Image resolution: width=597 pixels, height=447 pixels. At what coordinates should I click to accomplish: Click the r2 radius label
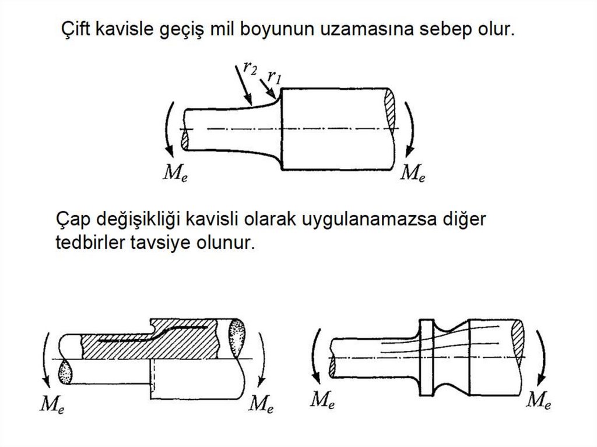pos(250,69)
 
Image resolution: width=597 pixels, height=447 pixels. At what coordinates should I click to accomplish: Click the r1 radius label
pos(274,77)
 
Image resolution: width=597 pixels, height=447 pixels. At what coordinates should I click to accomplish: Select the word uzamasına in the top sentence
pos(366,29)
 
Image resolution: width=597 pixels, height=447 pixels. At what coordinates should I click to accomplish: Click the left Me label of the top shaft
pos(175,173)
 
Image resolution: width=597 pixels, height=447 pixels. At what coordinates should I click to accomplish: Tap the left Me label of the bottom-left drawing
pos(52,404)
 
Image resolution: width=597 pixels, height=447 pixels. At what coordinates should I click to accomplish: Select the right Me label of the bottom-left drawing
pos(261,404)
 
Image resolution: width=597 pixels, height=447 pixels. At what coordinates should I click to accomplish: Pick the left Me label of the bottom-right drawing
pos(322,400)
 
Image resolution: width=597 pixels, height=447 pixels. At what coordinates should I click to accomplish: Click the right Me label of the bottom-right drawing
pos(538,400)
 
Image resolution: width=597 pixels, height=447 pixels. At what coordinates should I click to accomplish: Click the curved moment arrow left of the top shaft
pos(167,129)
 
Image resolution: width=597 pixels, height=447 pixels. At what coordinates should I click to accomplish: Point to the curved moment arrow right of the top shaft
pos(411,129)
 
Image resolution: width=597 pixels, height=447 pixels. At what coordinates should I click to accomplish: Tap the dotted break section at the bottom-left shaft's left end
pos(65,372)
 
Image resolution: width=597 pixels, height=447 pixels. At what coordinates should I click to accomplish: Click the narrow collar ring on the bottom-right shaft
pos(426,357)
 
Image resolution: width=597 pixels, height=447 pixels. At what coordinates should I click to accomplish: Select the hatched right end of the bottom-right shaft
pos(518,339)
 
